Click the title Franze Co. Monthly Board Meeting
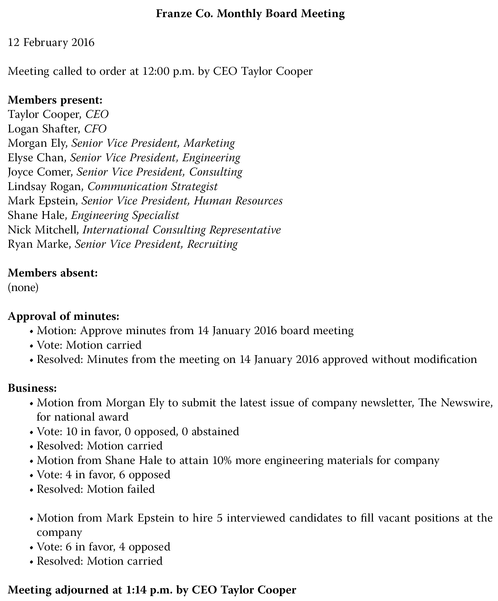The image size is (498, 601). tap(250, 13)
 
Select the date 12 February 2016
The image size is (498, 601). tap(51, 42)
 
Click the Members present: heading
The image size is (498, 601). tap(55, 100)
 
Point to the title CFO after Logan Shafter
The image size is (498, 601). tap(95, 129)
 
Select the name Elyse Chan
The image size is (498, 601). tap(36, 158)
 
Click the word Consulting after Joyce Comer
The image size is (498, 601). tap(216, 172)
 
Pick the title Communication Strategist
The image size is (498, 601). tap(152, 187)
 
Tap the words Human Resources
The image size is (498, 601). tap(238, 201)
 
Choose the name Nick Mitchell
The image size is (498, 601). tap(43, 230)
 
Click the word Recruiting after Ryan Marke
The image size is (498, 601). tap(212, 244)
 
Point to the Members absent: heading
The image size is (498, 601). tap(53, 273)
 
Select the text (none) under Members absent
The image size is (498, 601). tap(23, 287)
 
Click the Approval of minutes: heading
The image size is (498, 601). tap(63, 316)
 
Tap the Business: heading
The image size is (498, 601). tap(32, 388)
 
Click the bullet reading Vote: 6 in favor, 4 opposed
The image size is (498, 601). tap(104, 547)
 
